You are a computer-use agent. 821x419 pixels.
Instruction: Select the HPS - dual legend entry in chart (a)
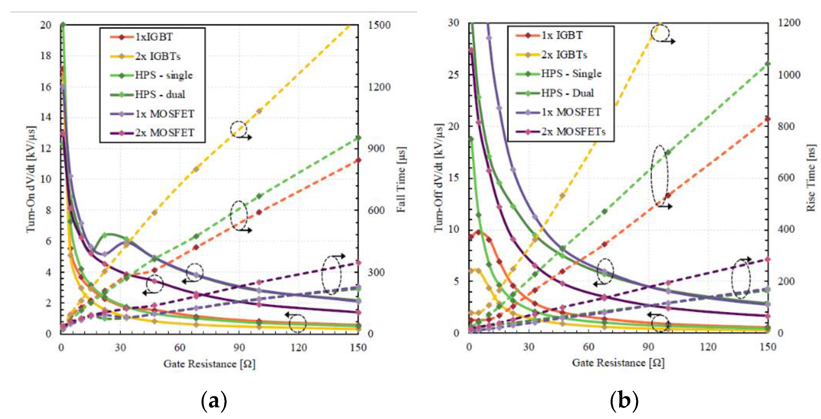pyautogui.click(x=160, y=94)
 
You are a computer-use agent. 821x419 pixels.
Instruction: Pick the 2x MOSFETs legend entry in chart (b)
pyautogui.click(x=573, y=131)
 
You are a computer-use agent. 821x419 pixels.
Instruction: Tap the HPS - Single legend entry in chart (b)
pyautogui.click(x=571, y=74)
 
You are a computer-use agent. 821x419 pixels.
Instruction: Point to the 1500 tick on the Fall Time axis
pyautogui.click(x=379, y=25)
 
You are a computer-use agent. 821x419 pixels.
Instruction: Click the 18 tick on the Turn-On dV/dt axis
pyautogui.click(x=46, y=56)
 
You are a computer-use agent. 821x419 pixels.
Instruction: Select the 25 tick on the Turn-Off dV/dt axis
pyautogui.click(x=453, y=75)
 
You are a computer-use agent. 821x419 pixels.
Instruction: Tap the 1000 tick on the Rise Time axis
pyautogui.click(x=789, y=75)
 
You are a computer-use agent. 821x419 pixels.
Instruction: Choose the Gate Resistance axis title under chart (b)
pyautogui.click(x=618, y=363)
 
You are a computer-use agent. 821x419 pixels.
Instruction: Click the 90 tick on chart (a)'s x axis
pyautogui.click(x=239, y=347)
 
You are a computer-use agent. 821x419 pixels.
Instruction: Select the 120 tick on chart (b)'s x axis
pyautogui.click(x=708, y=347)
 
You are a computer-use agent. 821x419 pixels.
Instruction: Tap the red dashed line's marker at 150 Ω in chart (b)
pyautogui.click(x=767, y=119)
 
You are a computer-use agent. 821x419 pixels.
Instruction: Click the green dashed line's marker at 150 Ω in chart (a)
pyautogui.click(x=358, y=138)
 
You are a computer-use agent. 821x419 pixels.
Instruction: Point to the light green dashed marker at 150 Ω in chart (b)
pyautogui.click(x=767, y=64)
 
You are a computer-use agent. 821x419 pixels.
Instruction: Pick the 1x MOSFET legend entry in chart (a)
pyautogui.click(x=165, y=114)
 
